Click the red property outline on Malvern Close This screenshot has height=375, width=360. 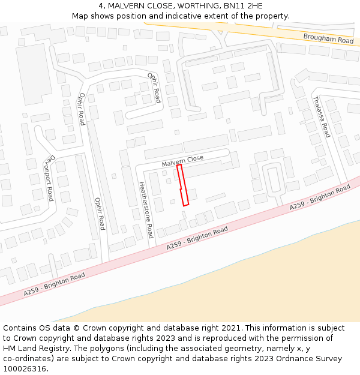tap(183, 185)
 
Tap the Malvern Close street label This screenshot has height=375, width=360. tap(182, 161)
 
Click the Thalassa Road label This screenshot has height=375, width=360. tap(322, 116)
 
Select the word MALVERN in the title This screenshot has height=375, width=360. tap(126, 6)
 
